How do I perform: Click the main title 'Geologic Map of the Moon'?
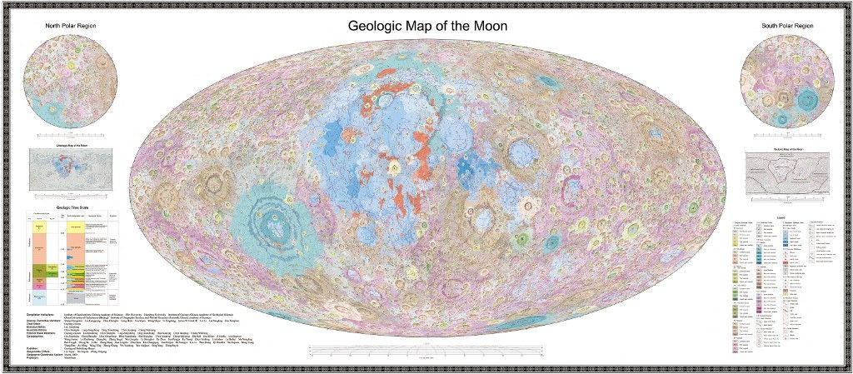pyautogui.click(x=426, y=26)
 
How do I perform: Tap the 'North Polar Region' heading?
pyautogui.click(x=71, y=26)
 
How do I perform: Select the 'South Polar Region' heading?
pyautogui.click(x=787, y=26)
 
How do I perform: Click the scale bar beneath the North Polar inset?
pyautogui.click(x=71, y=134)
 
